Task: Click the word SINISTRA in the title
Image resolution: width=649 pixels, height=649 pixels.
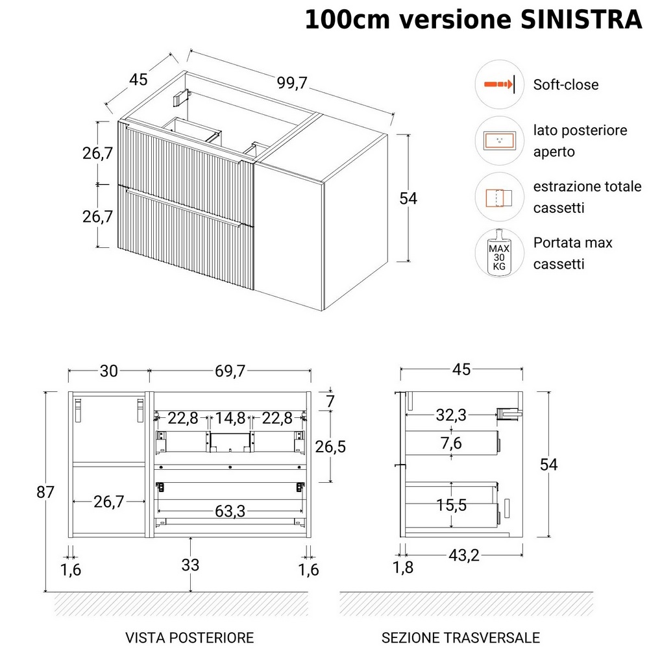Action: pos(582,20)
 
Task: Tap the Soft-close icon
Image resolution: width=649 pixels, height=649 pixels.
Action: pos(499,84)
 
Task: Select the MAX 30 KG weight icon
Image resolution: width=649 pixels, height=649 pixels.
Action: pos(499,252)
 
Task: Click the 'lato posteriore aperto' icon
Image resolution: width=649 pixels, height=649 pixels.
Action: pos(499,140)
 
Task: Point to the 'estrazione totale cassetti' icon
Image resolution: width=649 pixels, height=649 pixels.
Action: pos(499,197)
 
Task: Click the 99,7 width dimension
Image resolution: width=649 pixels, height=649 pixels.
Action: pos(291,83)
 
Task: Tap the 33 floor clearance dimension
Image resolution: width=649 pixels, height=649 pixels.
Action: pos(190,565)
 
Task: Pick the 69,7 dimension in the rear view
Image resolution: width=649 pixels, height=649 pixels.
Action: pos(230,371)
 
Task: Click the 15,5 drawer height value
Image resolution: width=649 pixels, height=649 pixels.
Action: pos(452,505)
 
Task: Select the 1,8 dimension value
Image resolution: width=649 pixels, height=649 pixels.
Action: pos(402,568)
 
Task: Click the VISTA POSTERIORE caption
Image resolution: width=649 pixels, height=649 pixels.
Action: pos(189,637)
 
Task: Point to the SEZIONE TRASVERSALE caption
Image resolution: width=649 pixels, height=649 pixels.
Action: pos(460,637)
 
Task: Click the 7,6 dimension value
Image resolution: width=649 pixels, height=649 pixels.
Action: pos(452,444)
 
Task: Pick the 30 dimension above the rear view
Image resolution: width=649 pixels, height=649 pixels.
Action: pos(108,371)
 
